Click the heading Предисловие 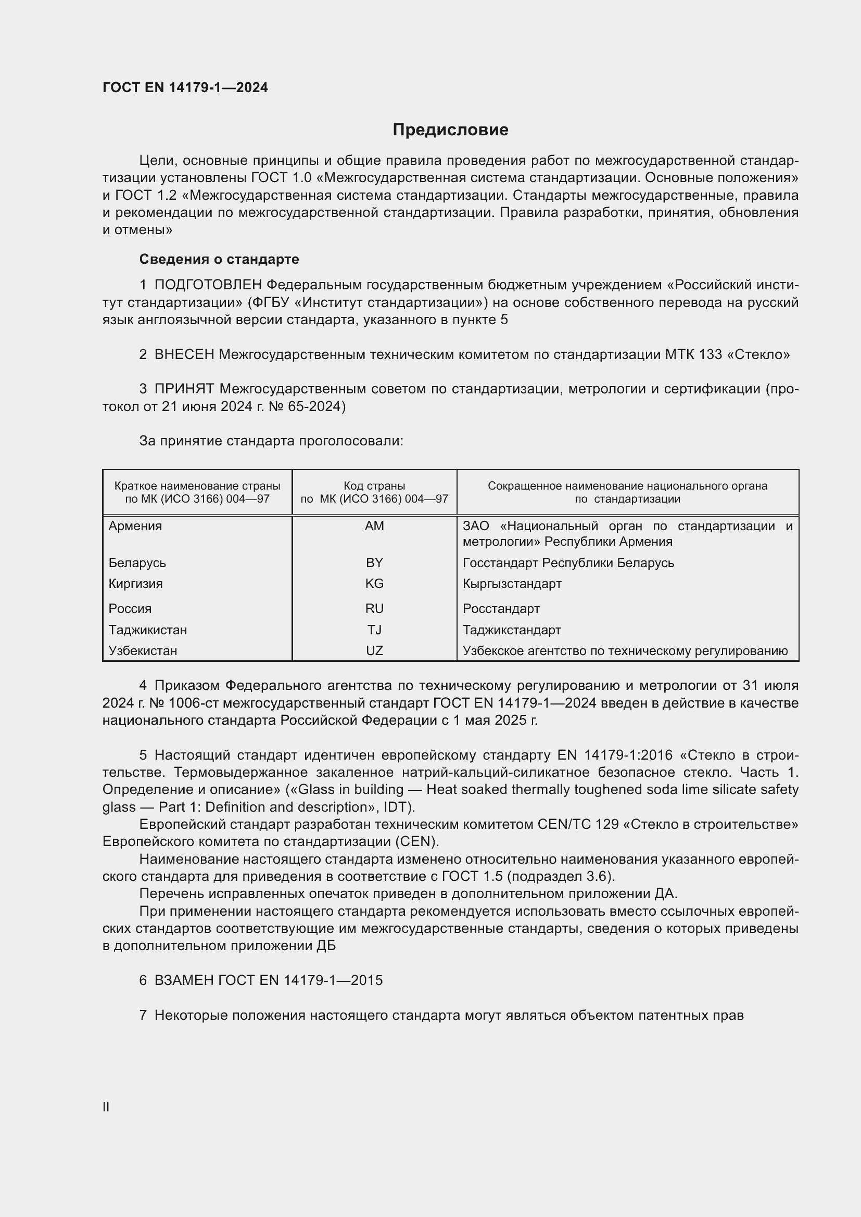coord(450,130)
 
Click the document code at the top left coord(185,87)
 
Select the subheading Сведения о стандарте coord(219,259)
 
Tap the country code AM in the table coord(374,526)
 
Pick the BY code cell coord(374,562)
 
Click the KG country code coord(374,584)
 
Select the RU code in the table coord(374,609)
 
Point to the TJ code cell coord(374,630)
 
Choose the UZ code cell coord(374,650)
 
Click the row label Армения coord(135,526)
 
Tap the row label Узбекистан coord(143,650)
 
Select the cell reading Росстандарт coord(501,609)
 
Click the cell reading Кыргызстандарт coord(512,584)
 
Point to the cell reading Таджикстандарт coord(512,630)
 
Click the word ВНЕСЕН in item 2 coord(184,355)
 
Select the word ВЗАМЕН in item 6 coord(184,980)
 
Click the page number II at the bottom coord(106,1107)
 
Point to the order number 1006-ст coord(194,703)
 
